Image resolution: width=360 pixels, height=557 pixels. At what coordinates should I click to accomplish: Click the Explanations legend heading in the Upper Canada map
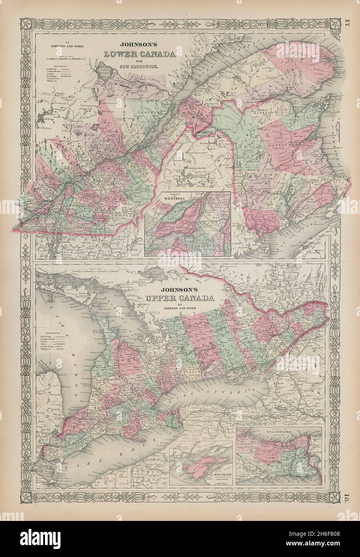tap(47, 333)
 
